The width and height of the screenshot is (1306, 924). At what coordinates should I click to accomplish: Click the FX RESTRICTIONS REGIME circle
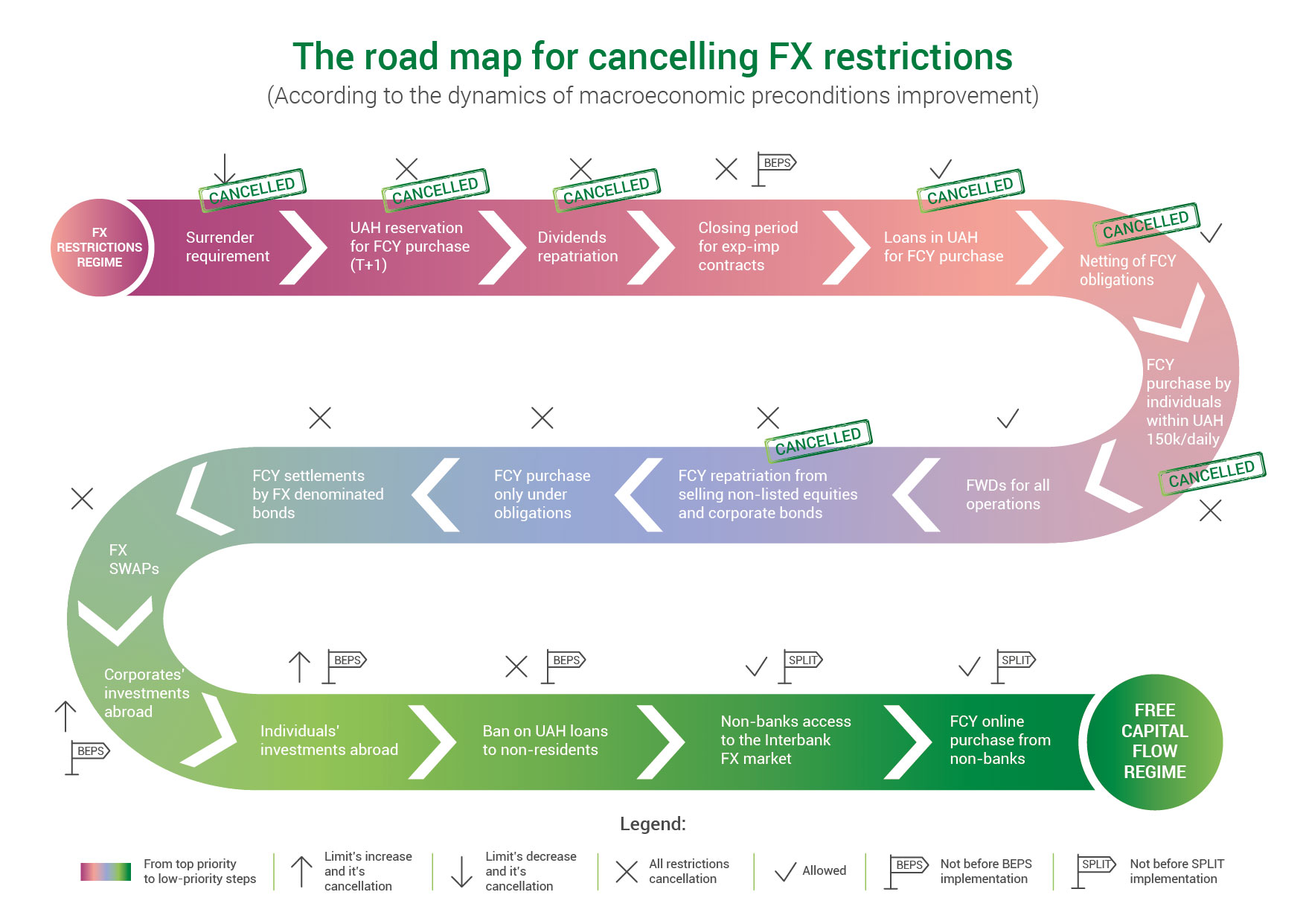tap(100, 247)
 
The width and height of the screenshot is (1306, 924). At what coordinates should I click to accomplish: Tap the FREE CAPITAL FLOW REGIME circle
tap(1154, 742)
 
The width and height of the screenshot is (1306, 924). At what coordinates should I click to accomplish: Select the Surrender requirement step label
tap(227, 246)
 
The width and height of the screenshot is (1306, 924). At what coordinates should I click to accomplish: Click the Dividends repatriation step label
tap(577, 246)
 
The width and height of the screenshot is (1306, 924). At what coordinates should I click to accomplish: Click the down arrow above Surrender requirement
tap(225, 168)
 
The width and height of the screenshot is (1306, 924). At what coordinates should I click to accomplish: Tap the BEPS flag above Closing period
tap(774, 170)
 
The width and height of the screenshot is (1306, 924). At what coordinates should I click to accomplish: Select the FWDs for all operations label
tap(1008, 494)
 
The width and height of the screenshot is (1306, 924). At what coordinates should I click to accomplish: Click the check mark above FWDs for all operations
tap(1008, 418)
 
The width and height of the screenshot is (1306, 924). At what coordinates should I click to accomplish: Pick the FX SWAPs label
tap(134, 559)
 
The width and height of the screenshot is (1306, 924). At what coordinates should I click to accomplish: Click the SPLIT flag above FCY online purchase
tap(1014, 667)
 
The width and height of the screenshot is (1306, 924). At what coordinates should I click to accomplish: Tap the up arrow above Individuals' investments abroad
tap(299, 667)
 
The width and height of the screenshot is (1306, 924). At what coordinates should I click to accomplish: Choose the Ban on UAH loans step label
tap(545, 740)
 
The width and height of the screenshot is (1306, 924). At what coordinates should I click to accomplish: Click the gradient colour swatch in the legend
tap(106, 871)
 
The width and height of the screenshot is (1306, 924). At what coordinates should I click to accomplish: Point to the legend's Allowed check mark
tap(785, 872)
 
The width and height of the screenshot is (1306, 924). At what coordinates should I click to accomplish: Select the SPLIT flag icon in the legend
tap(1094, 871)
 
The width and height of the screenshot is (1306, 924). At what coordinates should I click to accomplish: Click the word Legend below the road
tap(653, 824)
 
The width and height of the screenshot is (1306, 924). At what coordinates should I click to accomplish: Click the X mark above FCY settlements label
tap(320, 418)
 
